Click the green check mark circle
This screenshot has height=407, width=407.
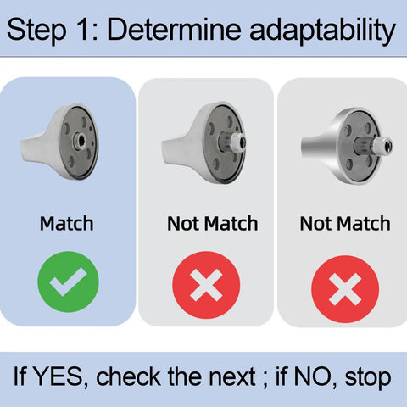click(68, 282)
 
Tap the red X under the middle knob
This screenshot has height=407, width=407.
click(206, 285)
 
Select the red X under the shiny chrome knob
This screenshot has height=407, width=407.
click(345, 289)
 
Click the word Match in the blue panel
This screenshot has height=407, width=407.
click(67, 224)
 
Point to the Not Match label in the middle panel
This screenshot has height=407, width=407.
click(213, 224)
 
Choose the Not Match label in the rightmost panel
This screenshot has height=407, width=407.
click(345, 224)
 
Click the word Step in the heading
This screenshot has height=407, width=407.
click(36, 30)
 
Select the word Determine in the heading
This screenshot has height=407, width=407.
click(175, 28)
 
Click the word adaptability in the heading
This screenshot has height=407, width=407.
click(323, 31)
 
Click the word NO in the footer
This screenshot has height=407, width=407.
click(312, 376)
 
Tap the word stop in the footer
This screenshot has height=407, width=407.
click(368, 378)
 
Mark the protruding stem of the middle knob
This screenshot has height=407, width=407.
click(232, 141)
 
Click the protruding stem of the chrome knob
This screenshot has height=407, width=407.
click(373, 145)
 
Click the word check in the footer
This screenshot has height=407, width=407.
click(128, 376)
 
